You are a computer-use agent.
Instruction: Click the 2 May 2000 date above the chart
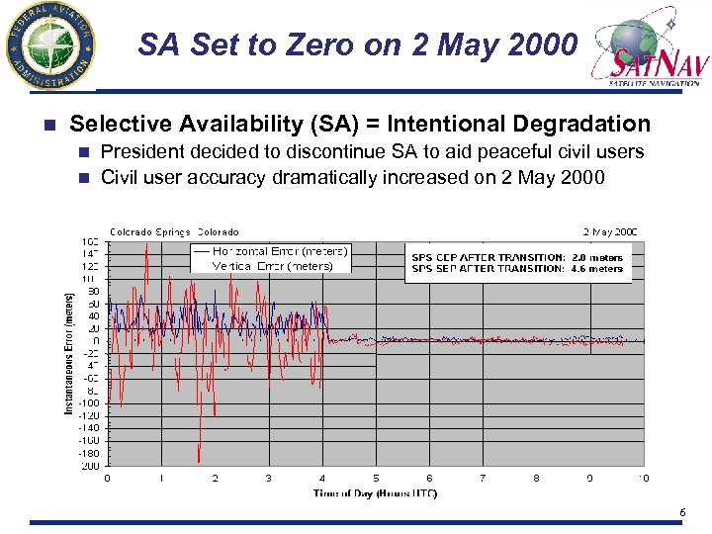(610, 232)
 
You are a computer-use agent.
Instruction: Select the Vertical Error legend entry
(272, 265)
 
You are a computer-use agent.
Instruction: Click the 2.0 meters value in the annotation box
(597, 257)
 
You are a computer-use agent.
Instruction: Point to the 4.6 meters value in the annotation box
(597, 268)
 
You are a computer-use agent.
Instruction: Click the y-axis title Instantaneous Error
(70, 352)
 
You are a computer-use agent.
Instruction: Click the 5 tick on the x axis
(376, 478)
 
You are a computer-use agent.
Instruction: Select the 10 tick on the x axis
(643, 478)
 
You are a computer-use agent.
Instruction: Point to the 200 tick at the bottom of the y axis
(91, 465)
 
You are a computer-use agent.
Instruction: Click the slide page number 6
(682, 511)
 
